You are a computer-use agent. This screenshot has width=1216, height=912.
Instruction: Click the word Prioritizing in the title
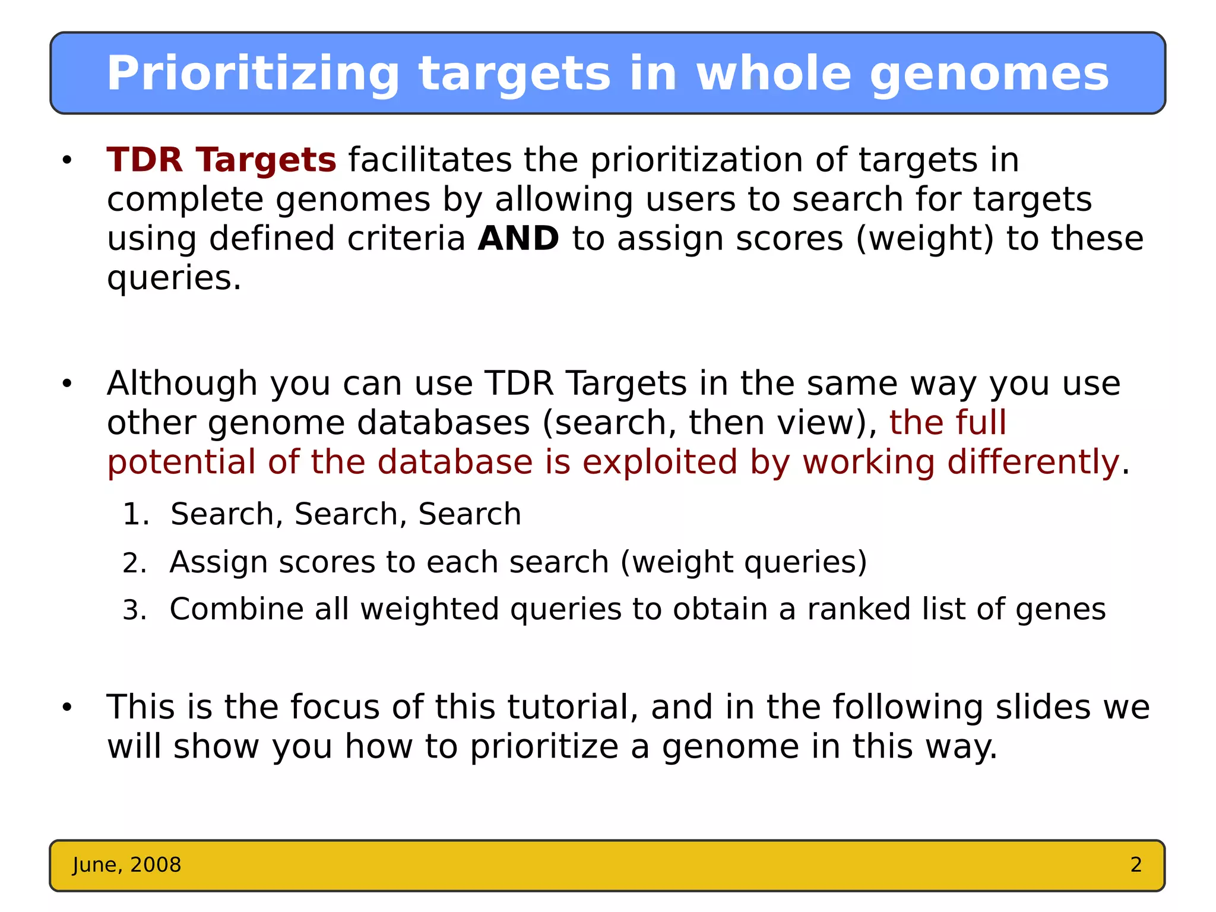pos(252,74)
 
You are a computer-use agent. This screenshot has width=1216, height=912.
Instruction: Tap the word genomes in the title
pos(989,74)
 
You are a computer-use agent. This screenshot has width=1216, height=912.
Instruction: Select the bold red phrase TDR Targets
pos(221,160)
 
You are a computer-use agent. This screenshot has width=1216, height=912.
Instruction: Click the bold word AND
pos(518,239)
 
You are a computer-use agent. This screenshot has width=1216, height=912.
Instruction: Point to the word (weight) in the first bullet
pos(924,239)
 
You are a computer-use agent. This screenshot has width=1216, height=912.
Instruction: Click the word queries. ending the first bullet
pos(174,278)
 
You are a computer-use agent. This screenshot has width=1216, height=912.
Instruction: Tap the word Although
pos(182,384)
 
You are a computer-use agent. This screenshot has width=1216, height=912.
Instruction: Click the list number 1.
pos(135,514)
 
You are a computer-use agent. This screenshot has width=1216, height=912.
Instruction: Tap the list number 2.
pos(134,563)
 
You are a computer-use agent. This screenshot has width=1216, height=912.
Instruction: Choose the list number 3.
pos(134,610)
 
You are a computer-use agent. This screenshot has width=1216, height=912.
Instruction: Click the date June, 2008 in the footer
pos(126,865)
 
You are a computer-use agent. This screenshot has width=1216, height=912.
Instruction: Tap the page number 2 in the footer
pos(1136,865)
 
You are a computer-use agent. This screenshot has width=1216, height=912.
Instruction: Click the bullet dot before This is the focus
pos(66,707)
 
